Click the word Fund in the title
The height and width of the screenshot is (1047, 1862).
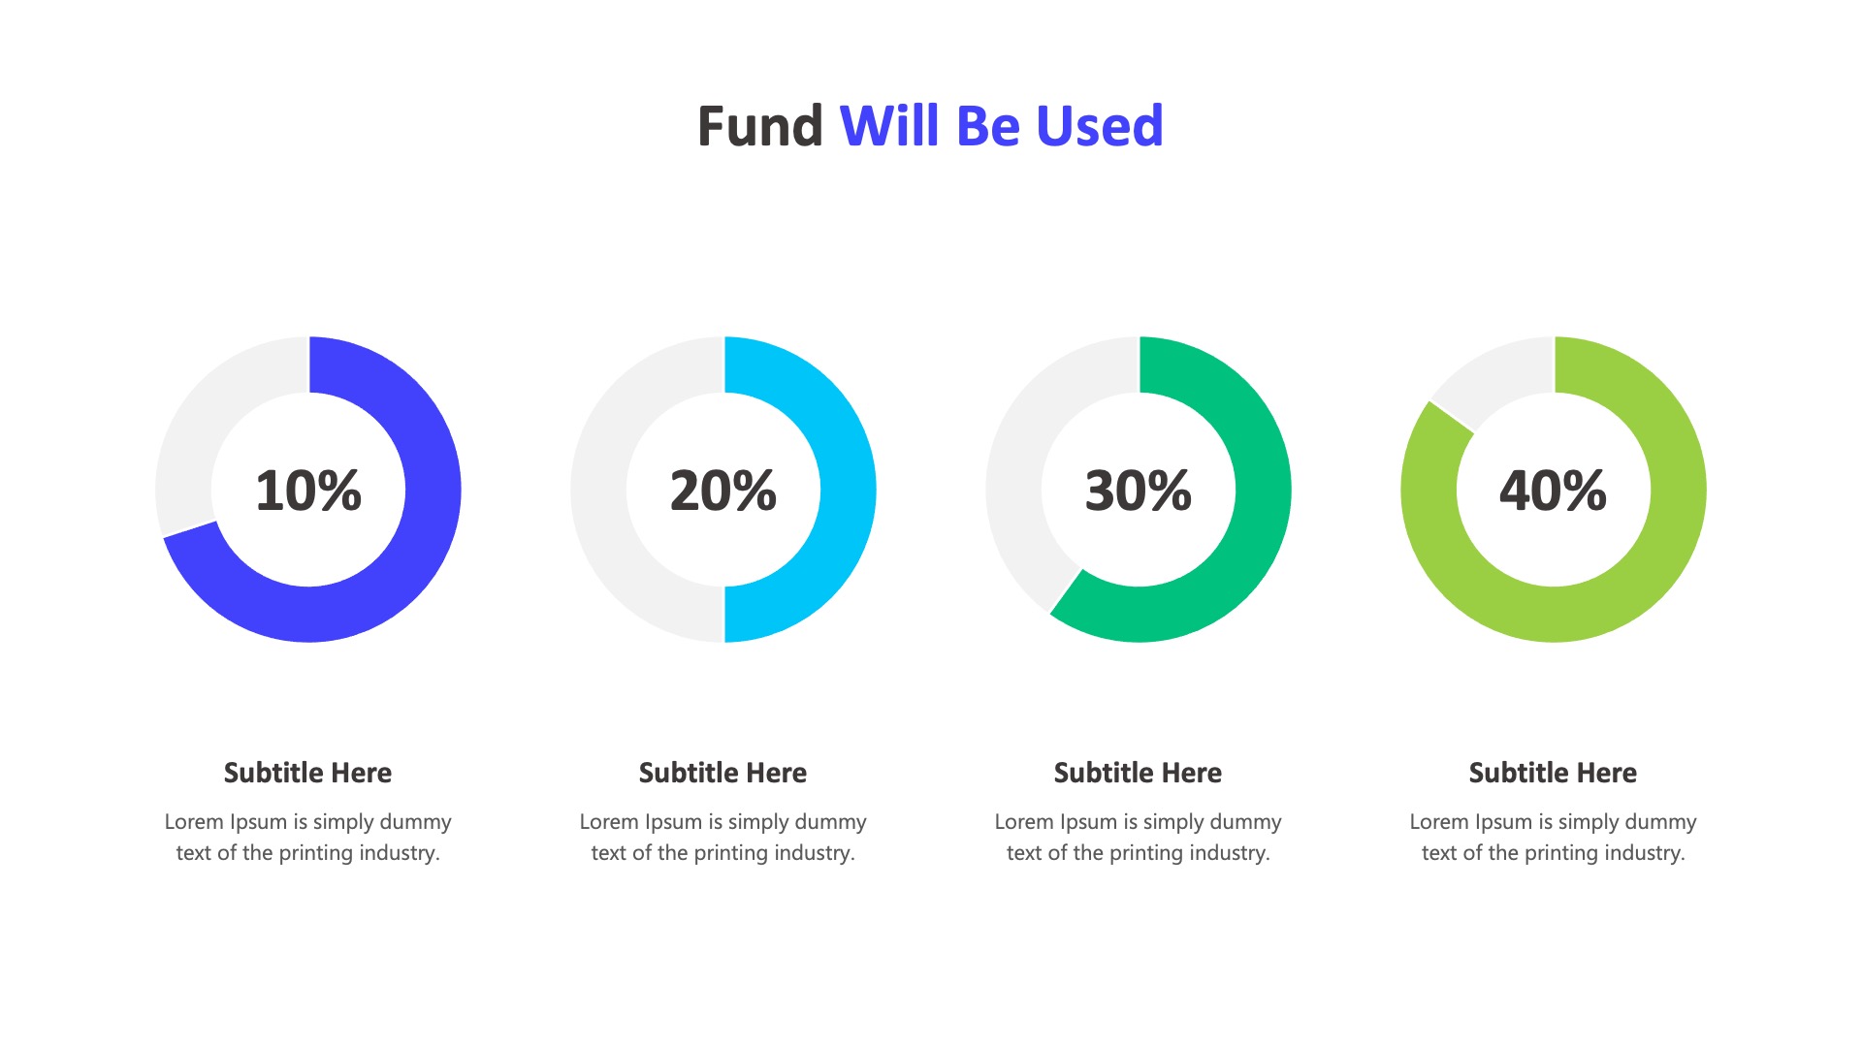(760, 126)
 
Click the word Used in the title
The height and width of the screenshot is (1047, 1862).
(1100, 126)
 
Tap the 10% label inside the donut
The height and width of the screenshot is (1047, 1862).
(308, 491)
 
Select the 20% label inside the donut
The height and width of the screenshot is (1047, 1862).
(723, 491)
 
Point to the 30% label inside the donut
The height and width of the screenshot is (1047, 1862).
(1139, 491)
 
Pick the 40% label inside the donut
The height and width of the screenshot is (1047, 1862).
(1554, 491)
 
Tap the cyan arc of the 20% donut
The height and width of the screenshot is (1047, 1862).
(849, 490)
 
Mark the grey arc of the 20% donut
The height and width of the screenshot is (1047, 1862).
(598, 490)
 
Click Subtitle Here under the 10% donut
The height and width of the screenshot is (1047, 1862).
(308, 773)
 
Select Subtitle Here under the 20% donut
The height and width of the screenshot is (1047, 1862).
(723, 773)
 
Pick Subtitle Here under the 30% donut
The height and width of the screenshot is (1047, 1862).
(1139, 773)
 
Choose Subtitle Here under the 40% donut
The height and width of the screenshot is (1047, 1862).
(1554, 773)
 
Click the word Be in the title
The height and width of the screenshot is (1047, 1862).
(988, 126)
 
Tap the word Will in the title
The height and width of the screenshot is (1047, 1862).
(891, 126)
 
